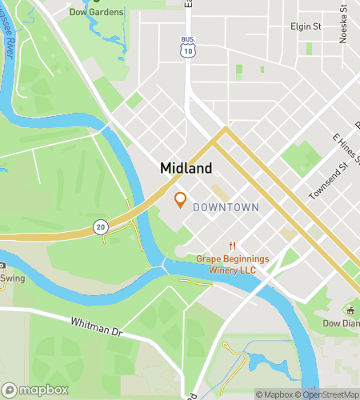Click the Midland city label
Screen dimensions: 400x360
(x=186, y=168)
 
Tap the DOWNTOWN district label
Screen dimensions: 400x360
(x=226, y=207)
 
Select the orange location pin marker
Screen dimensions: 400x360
(x=180, y=200)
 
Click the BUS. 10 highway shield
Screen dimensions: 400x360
(x=188, y=48)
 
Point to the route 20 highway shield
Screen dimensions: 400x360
(x=100, y=226)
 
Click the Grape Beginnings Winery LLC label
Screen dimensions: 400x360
(x=233, y=264)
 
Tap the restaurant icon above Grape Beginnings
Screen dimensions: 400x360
(x=233, y=246)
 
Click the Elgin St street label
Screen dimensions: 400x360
(x=306, y=26)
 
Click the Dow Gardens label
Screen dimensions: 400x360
(x=96, y=12)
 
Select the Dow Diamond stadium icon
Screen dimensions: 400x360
(x=350, y=309)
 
